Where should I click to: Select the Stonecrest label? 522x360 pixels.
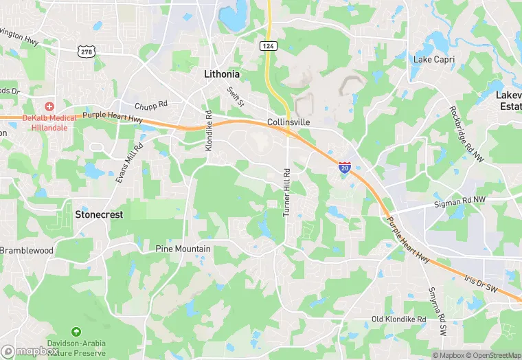tap(99, 214)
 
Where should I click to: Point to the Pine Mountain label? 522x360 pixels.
tap(183, 249)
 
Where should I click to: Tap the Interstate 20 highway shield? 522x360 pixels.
tap(345, 167)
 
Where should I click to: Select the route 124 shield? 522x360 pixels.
tap(269, 45)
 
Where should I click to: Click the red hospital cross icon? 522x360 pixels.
tap(49, 106)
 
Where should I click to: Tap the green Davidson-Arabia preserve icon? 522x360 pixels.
tap(76, 333)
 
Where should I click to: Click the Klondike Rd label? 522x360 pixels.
tap(209, 131)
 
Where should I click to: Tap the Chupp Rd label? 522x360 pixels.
tap(151, 105)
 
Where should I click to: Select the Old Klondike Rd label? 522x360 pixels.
tap(398, 319)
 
